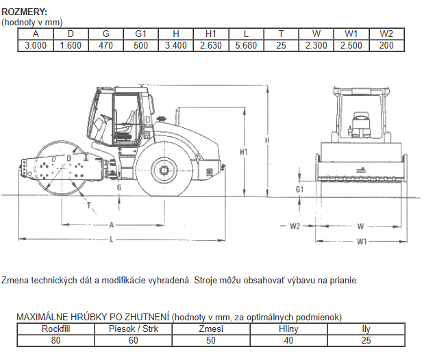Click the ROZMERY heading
(25, 12)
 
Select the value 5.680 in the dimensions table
(246, 45)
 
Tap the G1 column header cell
(141, 34)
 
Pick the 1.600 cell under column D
(71, 45)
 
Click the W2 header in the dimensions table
(386, 34)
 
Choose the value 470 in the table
(105, 45)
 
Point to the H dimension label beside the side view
(267, 140)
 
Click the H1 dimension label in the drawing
(244, 152)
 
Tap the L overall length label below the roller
(111, 239)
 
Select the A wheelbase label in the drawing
(112, 225)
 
